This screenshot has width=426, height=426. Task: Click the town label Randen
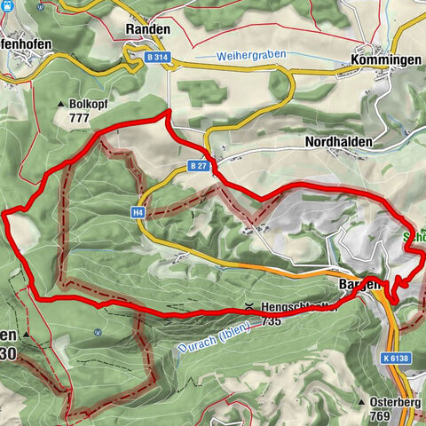click(146, 28)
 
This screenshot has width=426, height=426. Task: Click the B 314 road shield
click(158, 57)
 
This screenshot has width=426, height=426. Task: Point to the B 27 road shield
click(197, 165)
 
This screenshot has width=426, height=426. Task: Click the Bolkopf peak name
click(92, 105)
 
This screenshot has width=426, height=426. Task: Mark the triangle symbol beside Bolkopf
click(61, 105)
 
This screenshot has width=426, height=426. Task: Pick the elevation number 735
click(271, 320)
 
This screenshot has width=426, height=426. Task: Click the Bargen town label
click(359, 285)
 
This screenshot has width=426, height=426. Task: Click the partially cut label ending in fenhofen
click(25, 43)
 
